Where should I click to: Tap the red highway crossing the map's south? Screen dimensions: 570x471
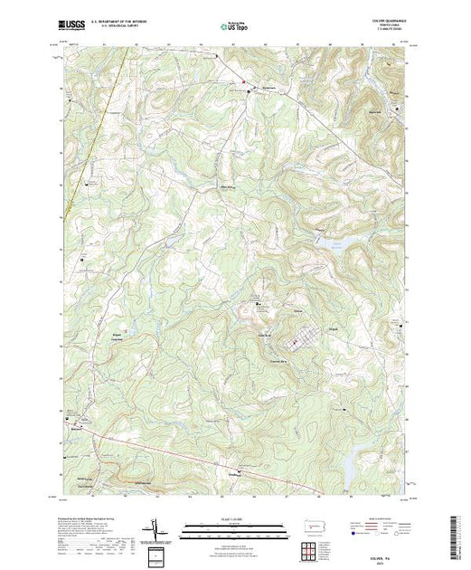pyautogui.click(x=181, y=450)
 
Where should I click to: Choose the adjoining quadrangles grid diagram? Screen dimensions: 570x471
pyautogui.click(x=310, y=548)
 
